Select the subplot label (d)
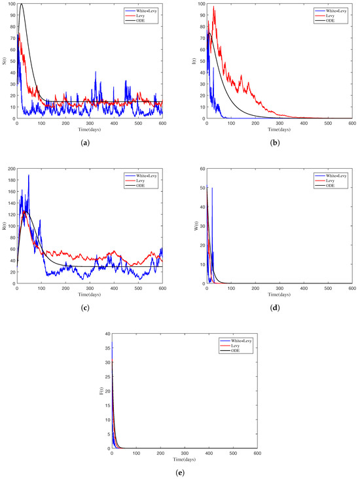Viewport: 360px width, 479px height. [x=279, y=306]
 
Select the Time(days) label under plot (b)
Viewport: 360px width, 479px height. [x=279, y=128]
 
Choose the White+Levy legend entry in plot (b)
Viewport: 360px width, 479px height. [x=333, y=10]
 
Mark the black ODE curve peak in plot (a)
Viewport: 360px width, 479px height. [x=21, y=5]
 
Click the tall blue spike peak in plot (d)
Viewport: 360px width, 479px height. [x=212, y=188]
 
